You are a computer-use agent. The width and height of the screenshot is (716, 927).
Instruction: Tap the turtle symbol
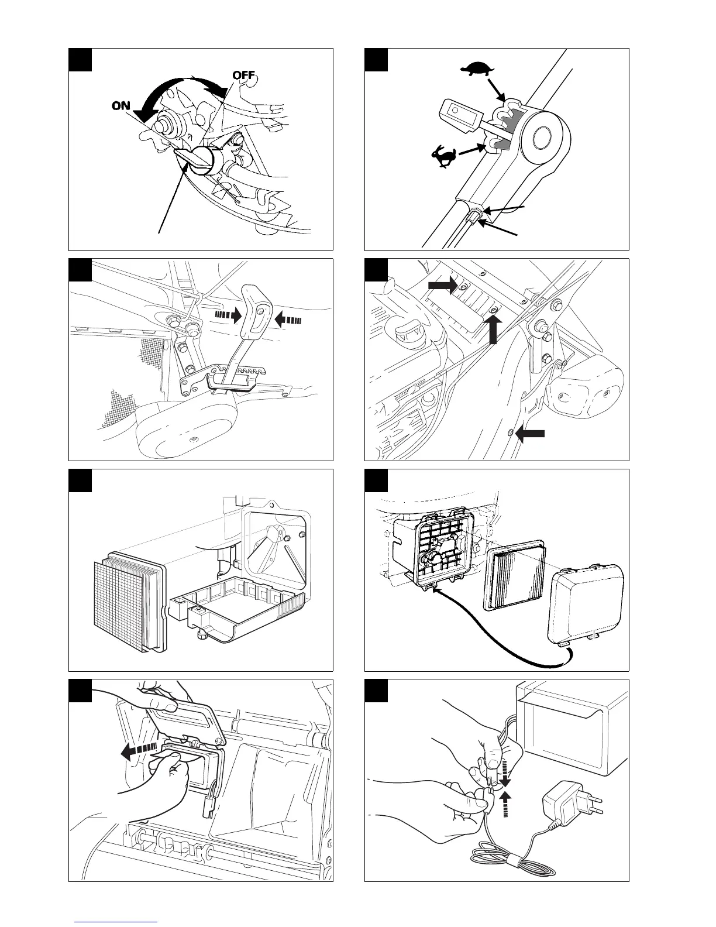tap(477, 69)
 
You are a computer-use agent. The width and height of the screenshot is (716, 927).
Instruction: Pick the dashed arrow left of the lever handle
tap(228, 316)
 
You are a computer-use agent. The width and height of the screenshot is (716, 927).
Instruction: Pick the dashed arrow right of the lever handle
tap(288, 320)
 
